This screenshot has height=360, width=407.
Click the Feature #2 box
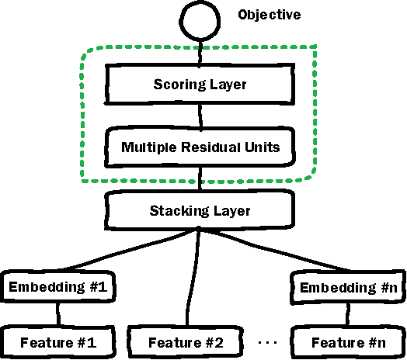pyautogui.click(x=187, y=341)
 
